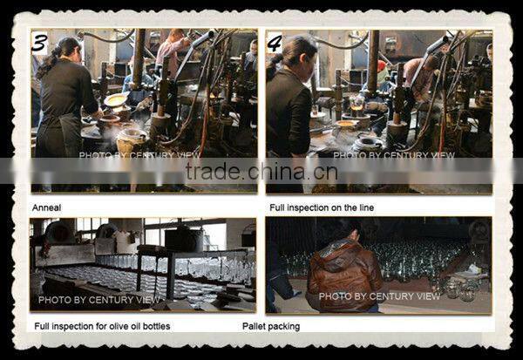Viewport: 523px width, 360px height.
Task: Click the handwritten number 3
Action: click(x=40, y=44)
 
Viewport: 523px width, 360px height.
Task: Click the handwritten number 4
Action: click(x=275, y=44)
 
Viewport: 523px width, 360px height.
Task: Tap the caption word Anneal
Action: click(x=47, y=207)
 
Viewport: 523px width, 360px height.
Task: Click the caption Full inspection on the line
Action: click(x=322, y=207)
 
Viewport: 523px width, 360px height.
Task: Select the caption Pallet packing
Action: click(x=271, y=326)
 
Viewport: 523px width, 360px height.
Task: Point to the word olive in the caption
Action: click(x=120, y=326)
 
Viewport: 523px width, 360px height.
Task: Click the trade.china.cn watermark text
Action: click(x=261, y=171)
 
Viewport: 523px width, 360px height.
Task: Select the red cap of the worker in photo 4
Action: click(x=381, y=65)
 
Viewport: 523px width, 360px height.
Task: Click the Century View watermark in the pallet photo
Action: click(x=379, y=296)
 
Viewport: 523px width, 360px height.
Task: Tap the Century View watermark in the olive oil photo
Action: click(x=99, y=300)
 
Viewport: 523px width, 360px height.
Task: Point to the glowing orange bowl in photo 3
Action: click(x=115, y=99)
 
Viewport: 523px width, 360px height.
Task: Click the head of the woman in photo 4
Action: click(x=299, y=51)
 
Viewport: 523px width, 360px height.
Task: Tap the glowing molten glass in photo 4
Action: click(x=357, y=107)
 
